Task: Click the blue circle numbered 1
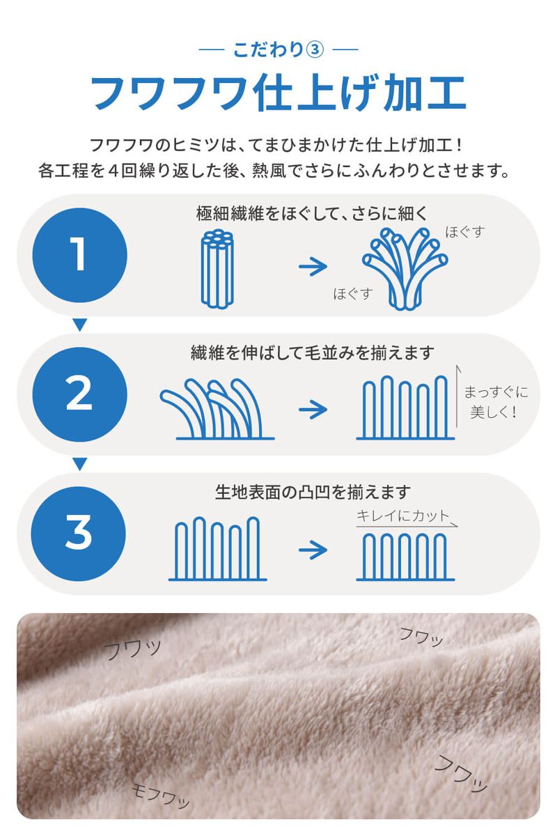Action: [79, 254]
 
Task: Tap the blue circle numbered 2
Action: [79, 394]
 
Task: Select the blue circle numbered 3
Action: [79, 533]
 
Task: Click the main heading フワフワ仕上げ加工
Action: [278, 92]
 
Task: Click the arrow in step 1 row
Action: [313, 266]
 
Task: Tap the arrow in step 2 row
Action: [313, 408]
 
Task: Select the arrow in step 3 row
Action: [313, 550]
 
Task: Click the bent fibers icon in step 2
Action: [217, 410]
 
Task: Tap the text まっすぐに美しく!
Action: [495, 402]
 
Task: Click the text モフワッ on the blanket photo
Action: [161, 794]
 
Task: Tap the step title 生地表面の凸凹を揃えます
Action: [312, 493]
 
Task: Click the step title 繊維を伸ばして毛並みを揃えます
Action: [312, 352]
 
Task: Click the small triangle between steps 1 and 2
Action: [79, 324]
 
